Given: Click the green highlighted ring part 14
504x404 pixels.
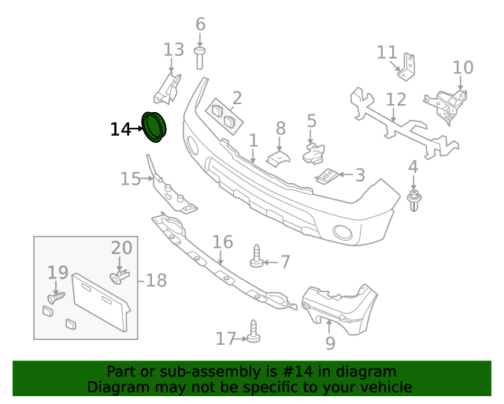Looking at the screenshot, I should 154,127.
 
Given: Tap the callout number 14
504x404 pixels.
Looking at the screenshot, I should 120,129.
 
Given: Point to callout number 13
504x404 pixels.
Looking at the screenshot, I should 173,50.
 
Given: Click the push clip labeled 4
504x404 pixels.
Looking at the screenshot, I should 413,201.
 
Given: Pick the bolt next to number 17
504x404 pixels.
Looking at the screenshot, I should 254,331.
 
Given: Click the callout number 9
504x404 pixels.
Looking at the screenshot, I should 330,343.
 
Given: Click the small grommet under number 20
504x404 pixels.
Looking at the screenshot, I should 119,277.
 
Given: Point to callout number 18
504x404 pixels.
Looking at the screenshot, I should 156,280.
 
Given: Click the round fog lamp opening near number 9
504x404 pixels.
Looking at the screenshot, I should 343,232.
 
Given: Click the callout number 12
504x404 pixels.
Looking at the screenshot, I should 396,100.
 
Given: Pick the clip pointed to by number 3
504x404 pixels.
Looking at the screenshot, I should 327,175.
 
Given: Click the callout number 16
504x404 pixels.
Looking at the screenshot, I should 223,241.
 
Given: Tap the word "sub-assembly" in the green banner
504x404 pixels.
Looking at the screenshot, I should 206,372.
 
